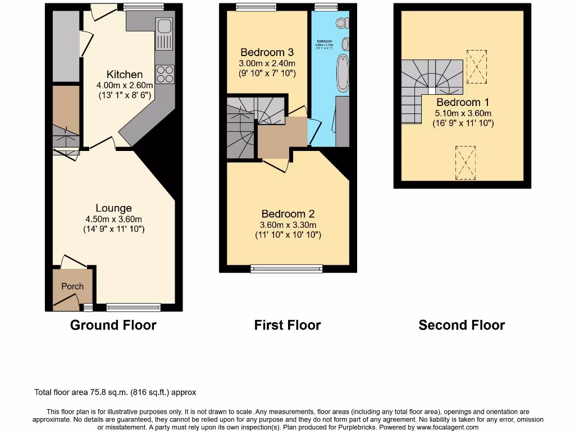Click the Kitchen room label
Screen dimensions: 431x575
125,75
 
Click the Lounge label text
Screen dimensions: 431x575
113,208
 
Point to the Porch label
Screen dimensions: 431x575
72,286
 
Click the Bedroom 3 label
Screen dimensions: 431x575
267,53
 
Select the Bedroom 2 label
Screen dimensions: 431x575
288,214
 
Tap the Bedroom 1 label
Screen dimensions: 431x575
463,102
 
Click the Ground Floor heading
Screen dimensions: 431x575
113,325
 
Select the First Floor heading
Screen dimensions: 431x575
287,325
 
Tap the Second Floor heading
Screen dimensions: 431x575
462,325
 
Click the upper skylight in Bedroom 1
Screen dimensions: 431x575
477,66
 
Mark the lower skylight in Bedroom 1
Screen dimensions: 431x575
466,163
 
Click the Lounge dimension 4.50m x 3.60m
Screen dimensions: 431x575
113,219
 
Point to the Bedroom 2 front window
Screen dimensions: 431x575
287,269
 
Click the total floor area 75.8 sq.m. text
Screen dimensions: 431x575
115,392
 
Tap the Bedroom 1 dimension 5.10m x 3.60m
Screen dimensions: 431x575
463,113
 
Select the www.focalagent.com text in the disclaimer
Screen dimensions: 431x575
448,427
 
